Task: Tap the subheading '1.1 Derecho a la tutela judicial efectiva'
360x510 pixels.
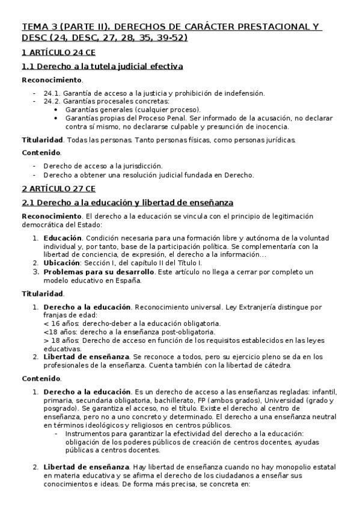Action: (102, 66)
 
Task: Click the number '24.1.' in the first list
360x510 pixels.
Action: (52, 93)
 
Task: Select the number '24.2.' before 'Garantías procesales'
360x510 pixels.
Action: (52, 101)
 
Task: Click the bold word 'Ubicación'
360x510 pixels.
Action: (61, 263)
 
